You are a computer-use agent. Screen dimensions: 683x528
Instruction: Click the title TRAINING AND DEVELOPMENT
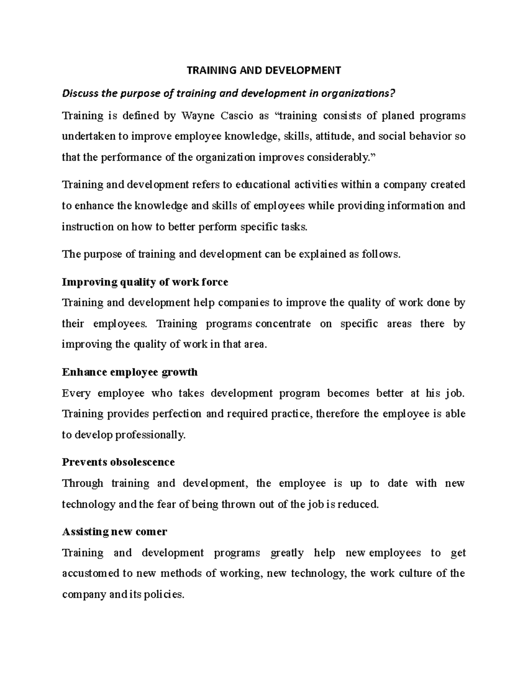[x=264, y=70]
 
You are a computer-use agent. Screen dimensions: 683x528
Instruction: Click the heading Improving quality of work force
[x=145, y=282]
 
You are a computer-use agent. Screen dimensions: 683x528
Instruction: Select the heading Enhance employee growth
[x=130, y=373]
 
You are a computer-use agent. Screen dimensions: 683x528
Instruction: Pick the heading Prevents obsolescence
[x=118, y=462]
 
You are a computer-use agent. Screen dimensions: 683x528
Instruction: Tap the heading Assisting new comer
[x=114, y=532]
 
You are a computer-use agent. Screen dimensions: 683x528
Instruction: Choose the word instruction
[x=88, y=227]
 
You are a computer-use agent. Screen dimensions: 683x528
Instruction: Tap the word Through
[x=82, y=484]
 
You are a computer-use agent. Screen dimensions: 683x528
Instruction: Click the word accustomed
[x=91, y=574]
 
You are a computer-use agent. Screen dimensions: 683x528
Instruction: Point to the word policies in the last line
[x=164, y=595]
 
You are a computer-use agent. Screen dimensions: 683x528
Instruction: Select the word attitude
[x=331, y=137]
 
